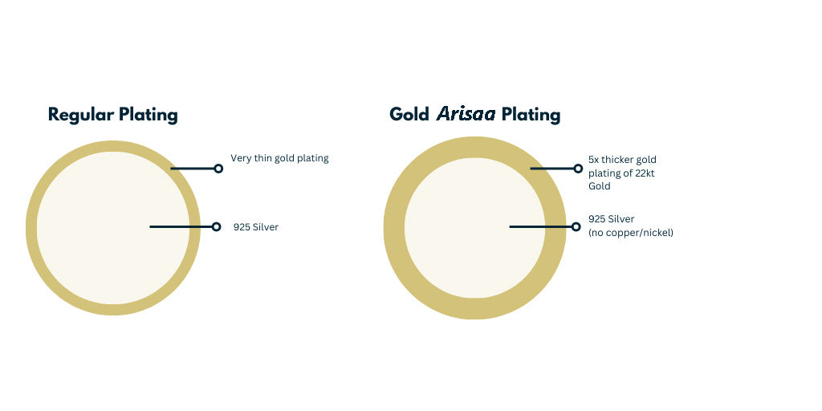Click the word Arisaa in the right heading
466,114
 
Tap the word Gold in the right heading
409,114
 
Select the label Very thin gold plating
279,158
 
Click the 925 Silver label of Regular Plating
256,227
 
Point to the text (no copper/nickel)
631,232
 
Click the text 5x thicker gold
622,160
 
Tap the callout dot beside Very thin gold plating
218,169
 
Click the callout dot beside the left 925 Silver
217,226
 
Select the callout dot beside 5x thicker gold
578,169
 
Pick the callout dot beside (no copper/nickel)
576,226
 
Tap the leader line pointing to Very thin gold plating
193,169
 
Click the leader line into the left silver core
181,226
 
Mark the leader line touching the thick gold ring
552,169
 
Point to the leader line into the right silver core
540,226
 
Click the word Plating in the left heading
148,115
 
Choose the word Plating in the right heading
531,115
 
